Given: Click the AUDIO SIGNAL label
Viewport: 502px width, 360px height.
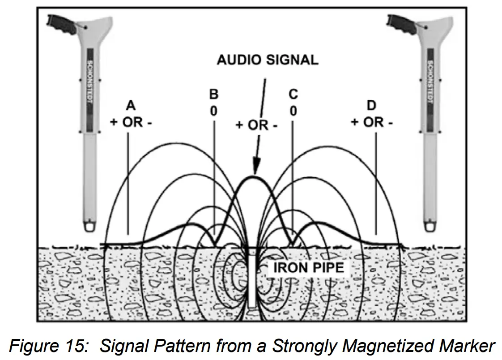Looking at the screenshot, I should [x=267, y=60].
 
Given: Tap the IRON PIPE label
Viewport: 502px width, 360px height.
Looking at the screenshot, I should [x=308, y=268].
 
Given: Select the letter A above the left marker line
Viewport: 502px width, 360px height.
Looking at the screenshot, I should [x=131, y=105].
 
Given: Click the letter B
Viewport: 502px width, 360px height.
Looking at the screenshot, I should [x=214, y=94].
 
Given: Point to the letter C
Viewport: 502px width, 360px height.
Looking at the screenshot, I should [x=293, y=94].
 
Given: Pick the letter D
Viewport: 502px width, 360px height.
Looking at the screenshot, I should [x=371, y=106].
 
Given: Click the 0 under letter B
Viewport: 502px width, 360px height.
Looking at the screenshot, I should [x=214, y=111].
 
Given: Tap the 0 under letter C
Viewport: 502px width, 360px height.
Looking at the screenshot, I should [x=293, y=111].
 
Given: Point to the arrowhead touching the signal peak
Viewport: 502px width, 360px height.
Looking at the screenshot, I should [x=255, y=168].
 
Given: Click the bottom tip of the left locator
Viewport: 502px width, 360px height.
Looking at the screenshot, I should [x=91, y=225].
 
